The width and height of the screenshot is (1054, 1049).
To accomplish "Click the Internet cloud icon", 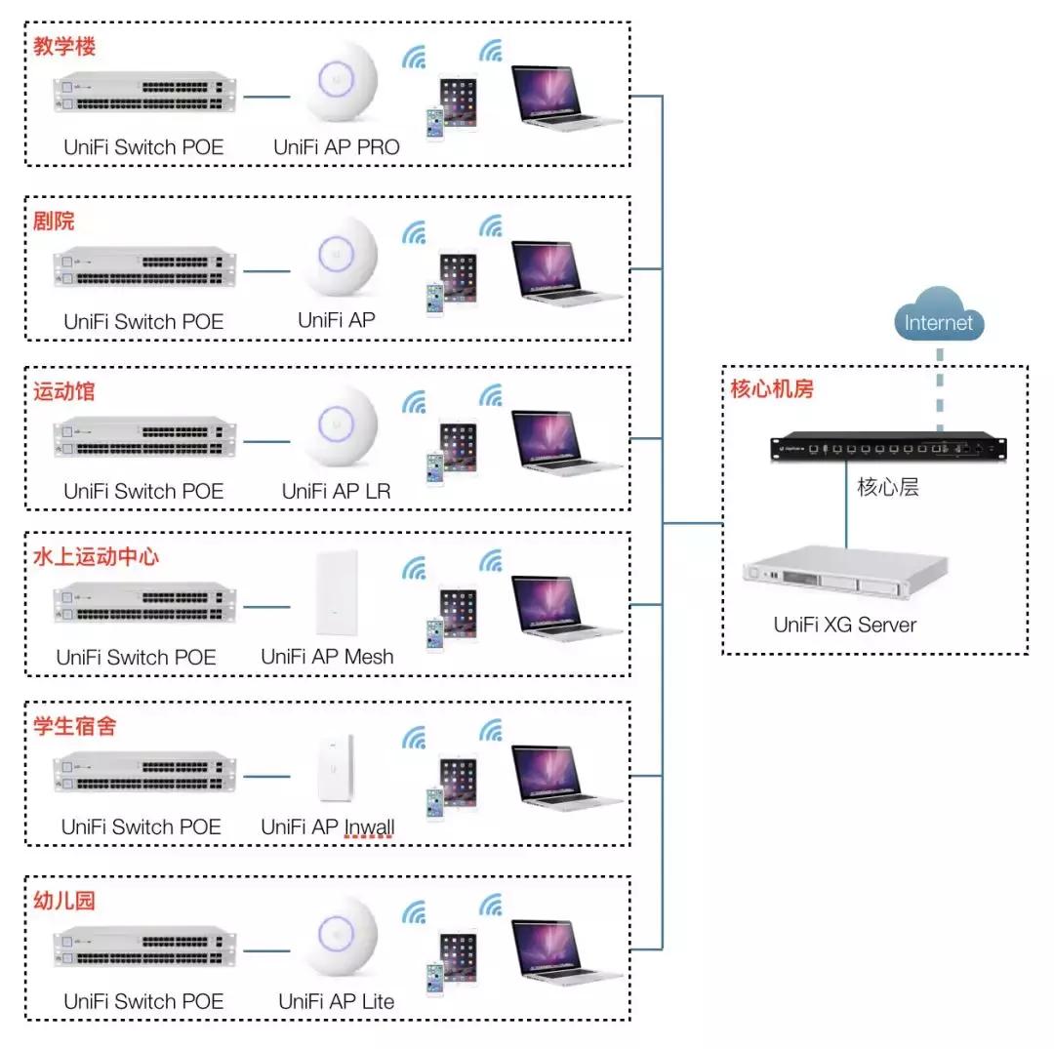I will click(939, 317).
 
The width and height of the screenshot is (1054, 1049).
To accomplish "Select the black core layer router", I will click(886, 448).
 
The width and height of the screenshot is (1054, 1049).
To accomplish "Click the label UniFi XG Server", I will click(845, 625).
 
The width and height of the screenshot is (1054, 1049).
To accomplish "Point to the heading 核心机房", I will click(772, 388).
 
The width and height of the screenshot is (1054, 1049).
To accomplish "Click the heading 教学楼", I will click(64, 46).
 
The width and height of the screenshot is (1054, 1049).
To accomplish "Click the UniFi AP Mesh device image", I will click(337, 594).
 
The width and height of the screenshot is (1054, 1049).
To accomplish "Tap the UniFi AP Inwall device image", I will click(337, 766).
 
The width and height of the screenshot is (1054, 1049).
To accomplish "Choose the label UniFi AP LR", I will click(337, 492).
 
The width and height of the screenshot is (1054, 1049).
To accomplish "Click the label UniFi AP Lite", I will click(337, 1001).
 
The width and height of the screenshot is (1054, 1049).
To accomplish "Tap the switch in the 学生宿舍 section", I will click(145, 772).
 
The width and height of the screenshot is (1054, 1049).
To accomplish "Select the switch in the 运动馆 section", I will click(145, 437).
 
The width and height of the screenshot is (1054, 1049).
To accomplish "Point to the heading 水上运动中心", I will click(96, 557).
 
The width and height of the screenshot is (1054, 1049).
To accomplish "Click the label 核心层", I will click(887, 487).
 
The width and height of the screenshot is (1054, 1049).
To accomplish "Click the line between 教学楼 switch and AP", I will click(266, 97).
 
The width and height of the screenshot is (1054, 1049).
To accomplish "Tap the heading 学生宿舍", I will click(74, 727).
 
